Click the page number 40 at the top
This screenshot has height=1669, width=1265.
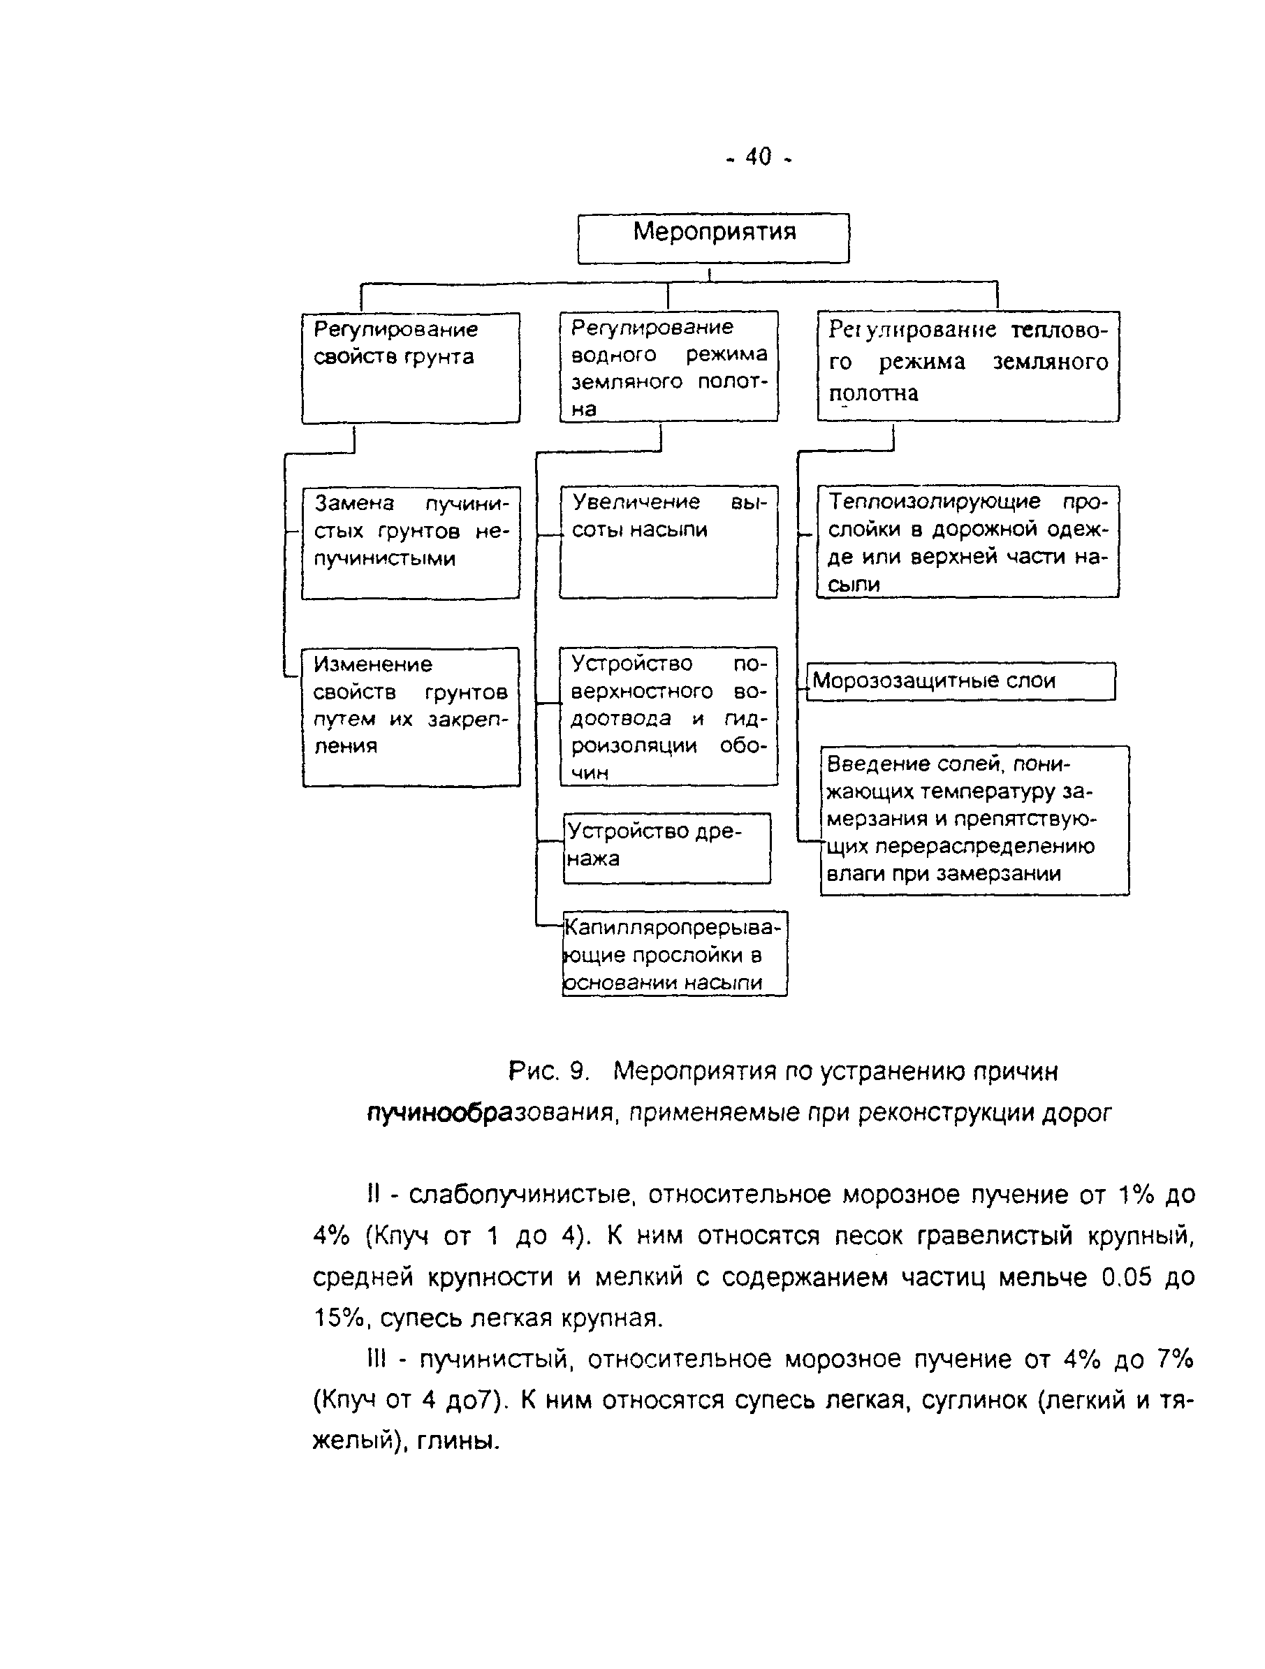[x=758, y=157]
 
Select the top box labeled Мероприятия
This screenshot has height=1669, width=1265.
[x=714, y=238]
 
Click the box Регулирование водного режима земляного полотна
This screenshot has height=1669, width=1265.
[x=668, y=366]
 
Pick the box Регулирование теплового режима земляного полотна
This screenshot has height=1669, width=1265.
[x=968, y=366]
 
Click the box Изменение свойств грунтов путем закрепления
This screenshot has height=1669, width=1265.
[x=411, y=717]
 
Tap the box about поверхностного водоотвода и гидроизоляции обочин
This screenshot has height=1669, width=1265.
[x=668, y=716]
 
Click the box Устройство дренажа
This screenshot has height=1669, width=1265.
[x=667, y=847]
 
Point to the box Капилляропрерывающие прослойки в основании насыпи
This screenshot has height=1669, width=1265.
[x=674, y=954]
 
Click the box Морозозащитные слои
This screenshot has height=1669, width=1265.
[x=960, y=681]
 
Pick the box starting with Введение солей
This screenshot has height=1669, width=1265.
[x=974, y=820]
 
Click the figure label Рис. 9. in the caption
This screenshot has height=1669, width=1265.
[x=548, y=1072]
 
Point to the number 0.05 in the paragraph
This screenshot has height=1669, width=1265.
[x=1126, y=1277]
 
